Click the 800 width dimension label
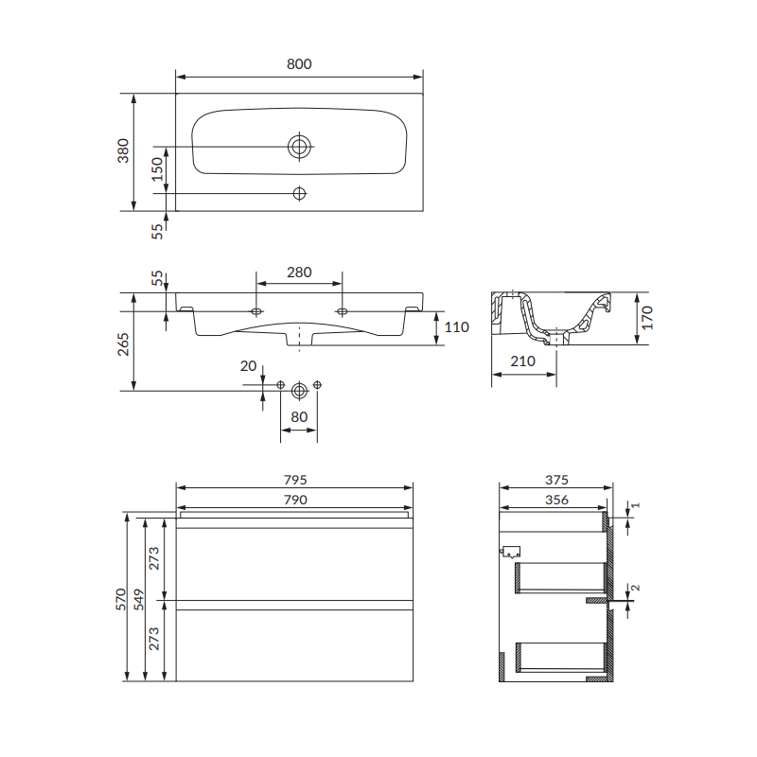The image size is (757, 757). [299, 63]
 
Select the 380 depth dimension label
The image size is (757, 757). [123, 150]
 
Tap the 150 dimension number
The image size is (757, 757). [157, 169]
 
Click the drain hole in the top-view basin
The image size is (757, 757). [299, 147]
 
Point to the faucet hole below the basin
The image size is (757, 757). [299, 194]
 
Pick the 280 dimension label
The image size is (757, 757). [299, 273]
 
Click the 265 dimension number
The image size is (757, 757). [123, 344]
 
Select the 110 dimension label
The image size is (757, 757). [457, 327]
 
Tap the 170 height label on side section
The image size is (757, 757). [647, 318]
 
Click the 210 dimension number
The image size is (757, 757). [523, 361]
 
